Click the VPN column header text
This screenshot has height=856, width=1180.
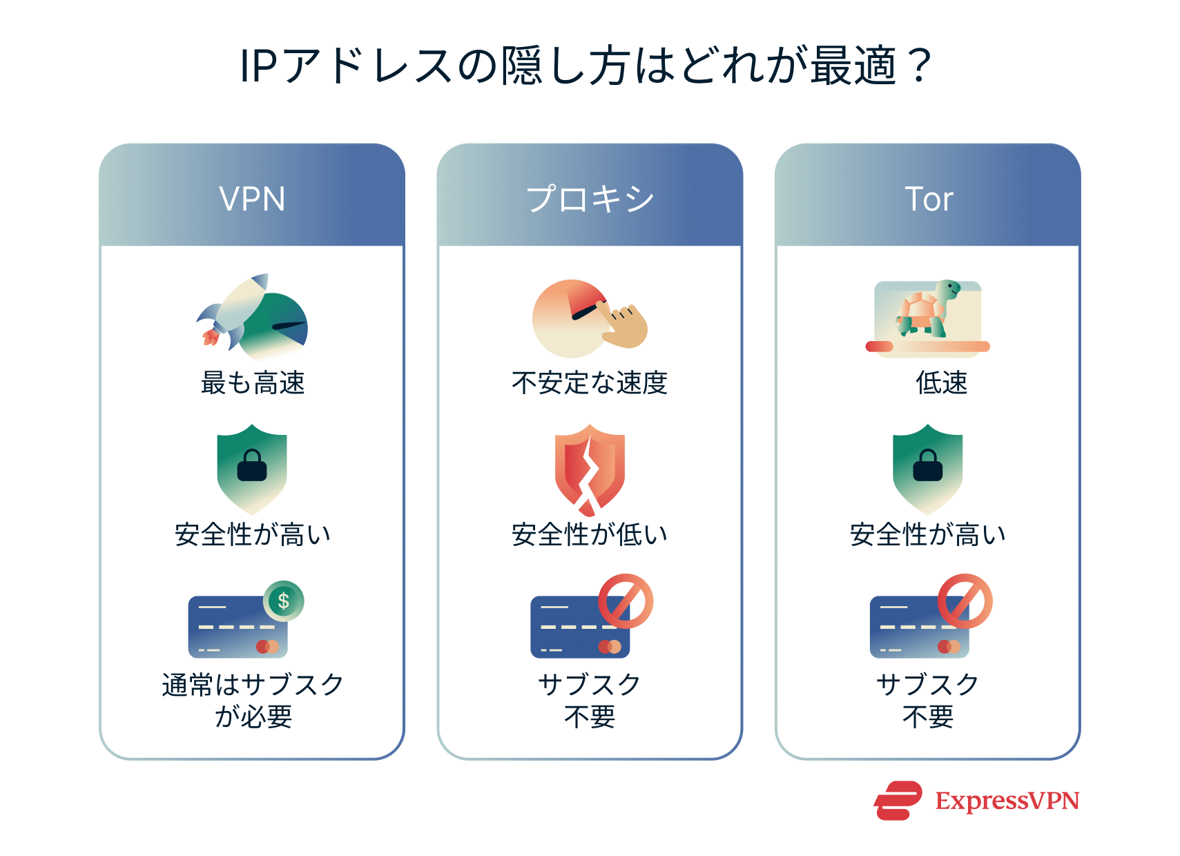click(x=252, y=200)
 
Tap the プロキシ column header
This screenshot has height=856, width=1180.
click(x=590, y=200)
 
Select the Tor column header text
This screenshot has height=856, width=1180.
click(x=929, y=200)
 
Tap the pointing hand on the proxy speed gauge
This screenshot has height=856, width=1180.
click(x=624, y=327)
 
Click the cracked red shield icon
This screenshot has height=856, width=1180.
click(x=590, y=469)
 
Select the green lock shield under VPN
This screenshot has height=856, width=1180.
click(x=252, y=468)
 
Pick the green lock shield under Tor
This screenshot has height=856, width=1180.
click(x=927, y=468)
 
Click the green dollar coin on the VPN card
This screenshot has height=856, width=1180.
click(x=283, y=601)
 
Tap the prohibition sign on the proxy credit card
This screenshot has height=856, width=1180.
click(x=626, y=601)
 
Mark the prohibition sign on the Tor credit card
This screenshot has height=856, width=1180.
click(x=965, y=601)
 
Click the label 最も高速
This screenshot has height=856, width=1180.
click(x=252, y=382)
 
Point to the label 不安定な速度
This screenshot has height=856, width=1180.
click(x=590, y=382)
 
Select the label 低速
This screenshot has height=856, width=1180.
click(x=941, y=382)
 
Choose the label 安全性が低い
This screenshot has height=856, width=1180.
click(x=590, y=534)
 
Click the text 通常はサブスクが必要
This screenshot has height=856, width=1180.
click(x=253, y=700)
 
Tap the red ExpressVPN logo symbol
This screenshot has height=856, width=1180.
click(x=898, y=801)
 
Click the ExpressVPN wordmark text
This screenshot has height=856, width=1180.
click(x=1007, y=801)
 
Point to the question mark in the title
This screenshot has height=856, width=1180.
click(x=920, y=66)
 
